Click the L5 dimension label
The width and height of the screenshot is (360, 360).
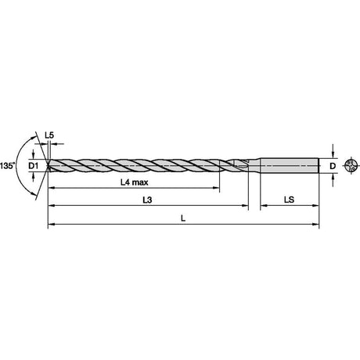point(49,135)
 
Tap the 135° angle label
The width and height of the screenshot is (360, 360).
point(8,166)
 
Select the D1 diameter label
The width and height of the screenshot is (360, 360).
point(33,166)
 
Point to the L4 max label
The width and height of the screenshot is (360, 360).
point(134,182)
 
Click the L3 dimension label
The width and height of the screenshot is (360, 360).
point(147,200)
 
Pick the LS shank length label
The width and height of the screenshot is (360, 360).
point(289,200)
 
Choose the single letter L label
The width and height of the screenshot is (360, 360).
point(183,218)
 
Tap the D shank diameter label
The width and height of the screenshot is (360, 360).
point(333,166)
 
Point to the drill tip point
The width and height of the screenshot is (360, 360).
point(48,165)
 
